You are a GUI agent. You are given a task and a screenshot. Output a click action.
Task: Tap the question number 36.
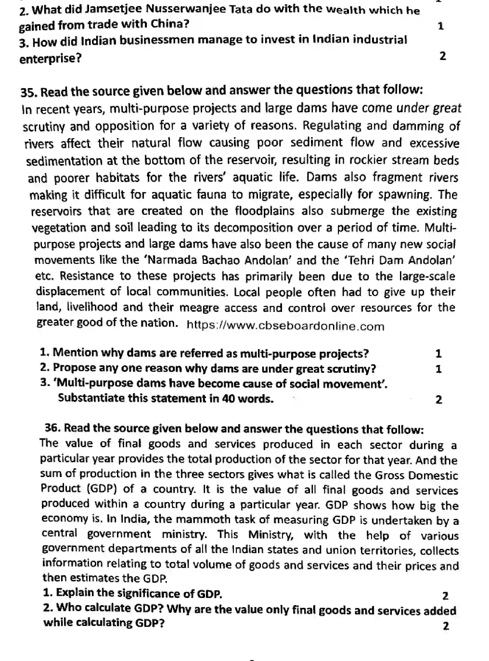click(x=53, y=428)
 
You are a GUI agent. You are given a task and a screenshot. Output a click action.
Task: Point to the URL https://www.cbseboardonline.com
click(x=285, y=326)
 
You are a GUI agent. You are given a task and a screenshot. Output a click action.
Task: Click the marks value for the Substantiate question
click(x=439, y=399)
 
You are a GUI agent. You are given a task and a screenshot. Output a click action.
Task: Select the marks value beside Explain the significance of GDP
click(x=445, y=596)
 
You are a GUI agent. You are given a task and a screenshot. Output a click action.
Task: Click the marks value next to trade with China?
click(x=441, y=26)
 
